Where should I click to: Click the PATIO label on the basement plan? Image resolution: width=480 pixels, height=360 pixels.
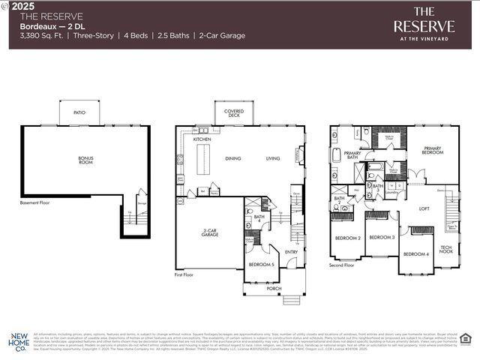79,112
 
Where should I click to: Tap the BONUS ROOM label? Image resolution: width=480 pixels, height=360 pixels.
86,160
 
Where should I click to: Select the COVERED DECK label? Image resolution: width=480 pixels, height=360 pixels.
234,112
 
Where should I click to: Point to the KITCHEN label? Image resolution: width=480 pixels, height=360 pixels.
202,139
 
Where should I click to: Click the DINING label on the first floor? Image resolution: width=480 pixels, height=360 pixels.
233,158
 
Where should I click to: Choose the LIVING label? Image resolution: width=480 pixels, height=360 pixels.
272,158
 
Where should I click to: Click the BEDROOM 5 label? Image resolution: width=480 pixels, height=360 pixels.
261,265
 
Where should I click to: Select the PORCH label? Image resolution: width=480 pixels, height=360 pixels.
274,287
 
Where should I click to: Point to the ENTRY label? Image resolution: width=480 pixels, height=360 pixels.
292,251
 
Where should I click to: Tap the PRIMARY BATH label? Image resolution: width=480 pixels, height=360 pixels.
352,155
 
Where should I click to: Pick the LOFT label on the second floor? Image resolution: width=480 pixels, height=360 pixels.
424,208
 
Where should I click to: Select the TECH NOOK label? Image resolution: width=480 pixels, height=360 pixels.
446,249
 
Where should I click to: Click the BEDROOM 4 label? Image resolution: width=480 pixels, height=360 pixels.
415,253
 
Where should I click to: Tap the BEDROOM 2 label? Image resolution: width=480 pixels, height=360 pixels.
348,238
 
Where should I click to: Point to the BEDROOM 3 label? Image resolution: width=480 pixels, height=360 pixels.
382,237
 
